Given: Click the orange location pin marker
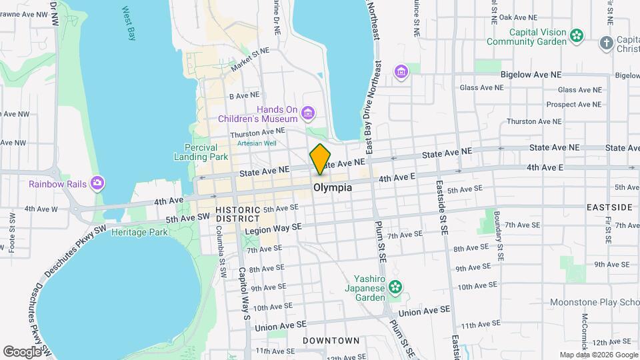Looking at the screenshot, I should (320, 159).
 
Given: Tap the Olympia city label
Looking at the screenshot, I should (333, 188).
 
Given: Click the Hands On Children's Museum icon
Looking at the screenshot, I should (307, 113).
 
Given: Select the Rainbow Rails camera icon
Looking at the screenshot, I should (98, 183).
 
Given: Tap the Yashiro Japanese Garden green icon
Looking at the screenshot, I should (396, 287).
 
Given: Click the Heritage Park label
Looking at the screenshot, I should (139, 233).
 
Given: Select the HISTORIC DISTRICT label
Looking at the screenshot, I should (237, 215).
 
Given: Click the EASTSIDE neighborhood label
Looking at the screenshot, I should (609, 207).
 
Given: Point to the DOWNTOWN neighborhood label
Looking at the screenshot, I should (331, 341).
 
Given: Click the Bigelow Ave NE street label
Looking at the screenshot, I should (531, 75).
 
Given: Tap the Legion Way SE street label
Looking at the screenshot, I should (273, 228).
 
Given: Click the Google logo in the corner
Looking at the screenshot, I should (22, 351).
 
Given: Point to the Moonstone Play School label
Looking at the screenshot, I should (594, 302).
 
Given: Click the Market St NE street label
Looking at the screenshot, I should (250, 59).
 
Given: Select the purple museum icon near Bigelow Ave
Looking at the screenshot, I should (401, 71).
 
